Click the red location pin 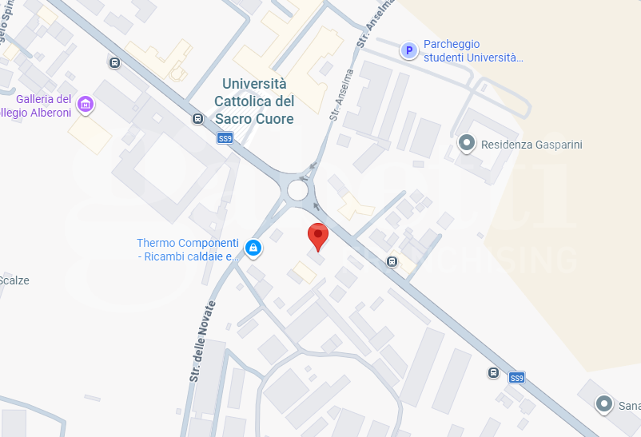pos(318,236)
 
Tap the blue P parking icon pos(409,51)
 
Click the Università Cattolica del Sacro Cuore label pos(254,101)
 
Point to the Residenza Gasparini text pos(532,145)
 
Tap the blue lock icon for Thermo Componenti pos(253,248)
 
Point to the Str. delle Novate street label pos(204,341)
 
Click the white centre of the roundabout pos(297,190)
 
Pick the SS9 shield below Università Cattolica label pos(225,138)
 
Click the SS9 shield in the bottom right pos(517,377)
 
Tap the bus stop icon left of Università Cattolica pos(197,119)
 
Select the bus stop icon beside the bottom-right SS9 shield pos(494,373)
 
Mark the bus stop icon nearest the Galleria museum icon pos(115,62)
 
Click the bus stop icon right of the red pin pos(392,261)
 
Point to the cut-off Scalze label pos(14,280)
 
